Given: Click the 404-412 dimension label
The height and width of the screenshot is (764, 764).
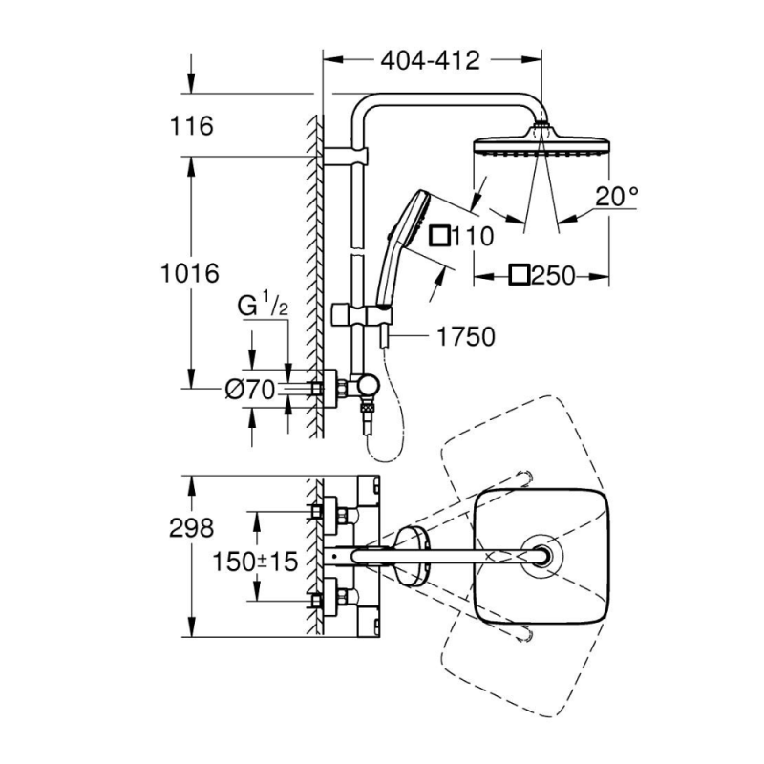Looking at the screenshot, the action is (x=431, y=61).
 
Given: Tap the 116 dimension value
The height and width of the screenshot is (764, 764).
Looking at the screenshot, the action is (x=192, y=126).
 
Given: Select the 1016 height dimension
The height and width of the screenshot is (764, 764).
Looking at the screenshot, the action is (x=190, y=273).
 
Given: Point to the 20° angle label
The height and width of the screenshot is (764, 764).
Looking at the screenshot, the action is (x=616, y=197).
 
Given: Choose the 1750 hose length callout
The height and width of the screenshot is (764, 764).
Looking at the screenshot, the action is (x=466, y=337).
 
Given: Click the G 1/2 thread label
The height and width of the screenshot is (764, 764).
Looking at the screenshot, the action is (x=263, y=306).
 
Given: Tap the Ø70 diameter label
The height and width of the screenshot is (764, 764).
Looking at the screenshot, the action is (x=250, y=390).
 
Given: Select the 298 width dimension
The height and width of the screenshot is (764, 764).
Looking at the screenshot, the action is (x=192, y=528).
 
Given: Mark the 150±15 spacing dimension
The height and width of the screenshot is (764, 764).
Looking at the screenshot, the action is (x=255, y=562).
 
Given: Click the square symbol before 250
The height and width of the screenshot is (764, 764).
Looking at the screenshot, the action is (x=519, y=275).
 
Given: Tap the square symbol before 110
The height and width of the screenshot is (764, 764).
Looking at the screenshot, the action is (x=439, y=236).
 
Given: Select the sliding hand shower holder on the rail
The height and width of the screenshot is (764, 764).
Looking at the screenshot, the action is (x=362, y=315).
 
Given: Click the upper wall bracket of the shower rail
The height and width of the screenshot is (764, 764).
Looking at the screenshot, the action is (x=345, y=156).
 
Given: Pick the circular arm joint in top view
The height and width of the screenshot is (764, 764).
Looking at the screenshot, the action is (x=542, y=556).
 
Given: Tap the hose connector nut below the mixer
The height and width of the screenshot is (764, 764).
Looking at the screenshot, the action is (x=367, y=407).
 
